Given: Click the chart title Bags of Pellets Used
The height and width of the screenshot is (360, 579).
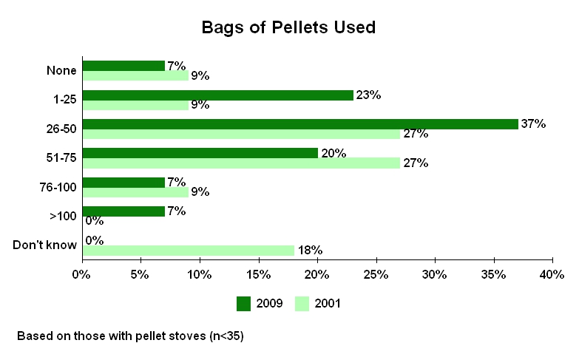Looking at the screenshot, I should [289, 28].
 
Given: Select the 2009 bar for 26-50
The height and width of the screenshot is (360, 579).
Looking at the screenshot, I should [300, 124].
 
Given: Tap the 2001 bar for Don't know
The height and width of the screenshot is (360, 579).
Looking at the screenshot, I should [189, 250].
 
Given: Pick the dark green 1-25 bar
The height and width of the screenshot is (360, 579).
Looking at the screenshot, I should [218, 95].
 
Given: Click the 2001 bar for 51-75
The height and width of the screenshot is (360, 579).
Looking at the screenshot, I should [241, 163].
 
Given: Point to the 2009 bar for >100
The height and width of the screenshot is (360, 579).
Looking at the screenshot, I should [123, 211].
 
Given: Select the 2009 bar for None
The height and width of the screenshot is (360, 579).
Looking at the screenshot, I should [123, 67].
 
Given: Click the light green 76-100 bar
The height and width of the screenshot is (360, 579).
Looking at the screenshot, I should [135, 191].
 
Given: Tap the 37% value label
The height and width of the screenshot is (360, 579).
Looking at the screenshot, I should [533, 123].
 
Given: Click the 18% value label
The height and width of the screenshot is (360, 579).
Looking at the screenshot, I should [310, 251].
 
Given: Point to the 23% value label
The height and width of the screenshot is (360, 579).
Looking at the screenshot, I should [368, 95].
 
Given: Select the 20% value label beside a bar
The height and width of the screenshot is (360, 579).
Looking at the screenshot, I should [332, 153].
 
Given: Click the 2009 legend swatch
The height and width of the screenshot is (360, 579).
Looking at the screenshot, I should [244, 303].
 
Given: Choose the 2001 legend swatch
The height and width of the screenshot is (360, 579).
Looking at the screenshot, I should [303, 303].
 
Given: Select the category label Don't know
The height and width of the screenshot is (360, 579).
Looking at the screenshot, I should [45, 245].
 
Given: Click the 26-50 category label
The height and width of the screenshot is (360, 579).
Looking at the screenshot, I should [62, 129].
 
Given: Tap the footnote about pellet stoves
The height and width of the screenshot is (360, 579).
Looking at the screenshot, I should [130, 336].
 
